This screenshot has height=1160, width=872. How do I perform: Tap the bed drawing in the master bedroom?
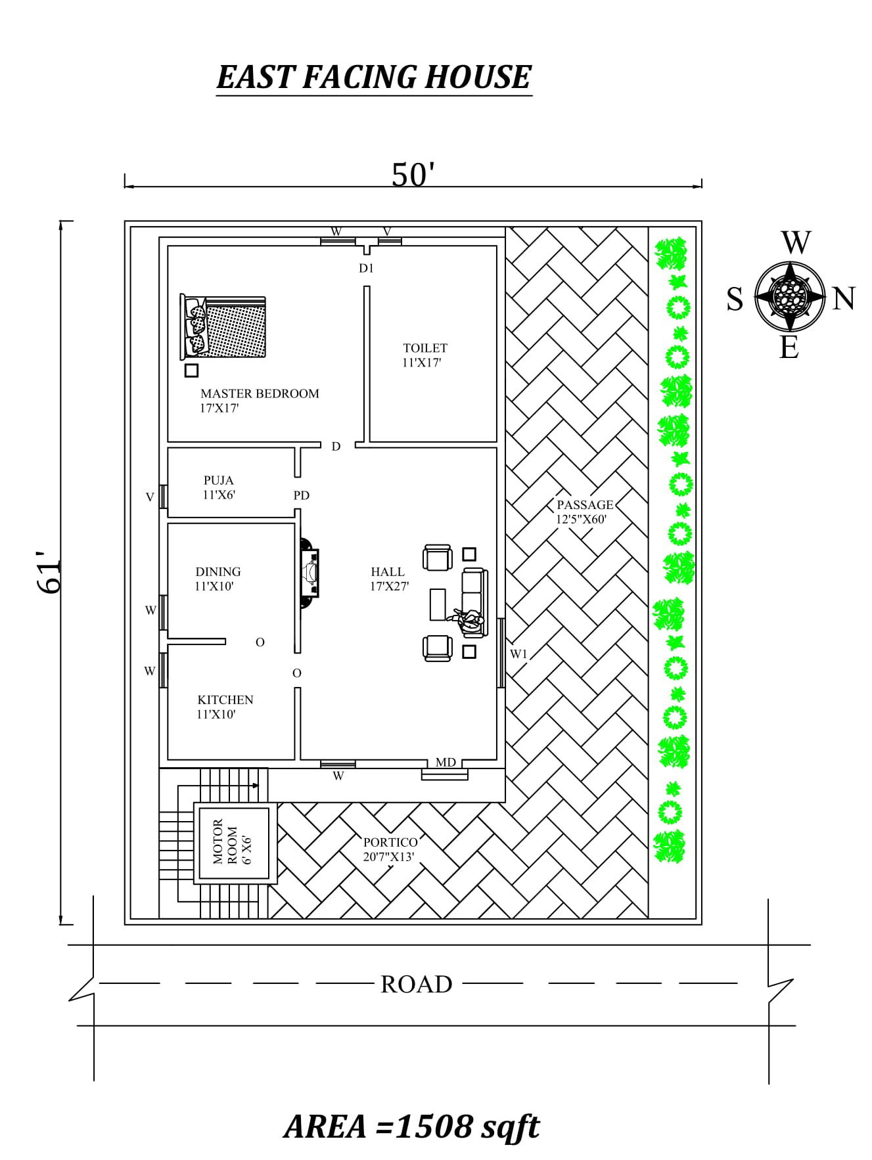[x=223, y=327]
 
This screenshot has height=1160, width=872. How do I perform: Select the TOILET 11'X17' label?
[x=425, y=355]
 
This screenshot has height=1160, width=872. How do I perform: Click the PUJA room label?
[x=219, y=487]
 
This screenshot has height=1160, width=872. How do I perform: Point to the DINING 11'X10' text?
[x=218, y=579]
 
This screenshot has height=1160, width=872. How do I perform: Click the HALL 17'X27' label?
[x=388, y=579]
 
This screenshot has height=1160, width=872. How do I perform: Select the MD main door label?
[x=446, y=763]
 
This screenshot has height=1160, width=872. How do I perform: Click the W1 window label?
[x=519, y=654]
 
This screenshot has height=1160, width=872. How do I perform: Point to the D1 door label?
[x=366, y=268]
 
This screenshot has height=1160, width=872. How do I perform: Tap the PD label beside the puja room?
[x=301, y=495]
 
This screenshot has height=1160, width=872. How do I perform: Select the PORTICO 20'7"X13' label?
[x=390, y=849]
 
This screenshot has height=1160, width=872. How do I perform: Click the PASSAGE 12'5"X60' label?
[x=584, y=512]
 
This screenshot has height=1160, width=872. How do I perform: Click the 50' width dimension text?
[x=413, y=175]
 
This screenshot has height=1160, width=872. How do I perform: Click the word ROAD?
[x=416, y=984]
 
